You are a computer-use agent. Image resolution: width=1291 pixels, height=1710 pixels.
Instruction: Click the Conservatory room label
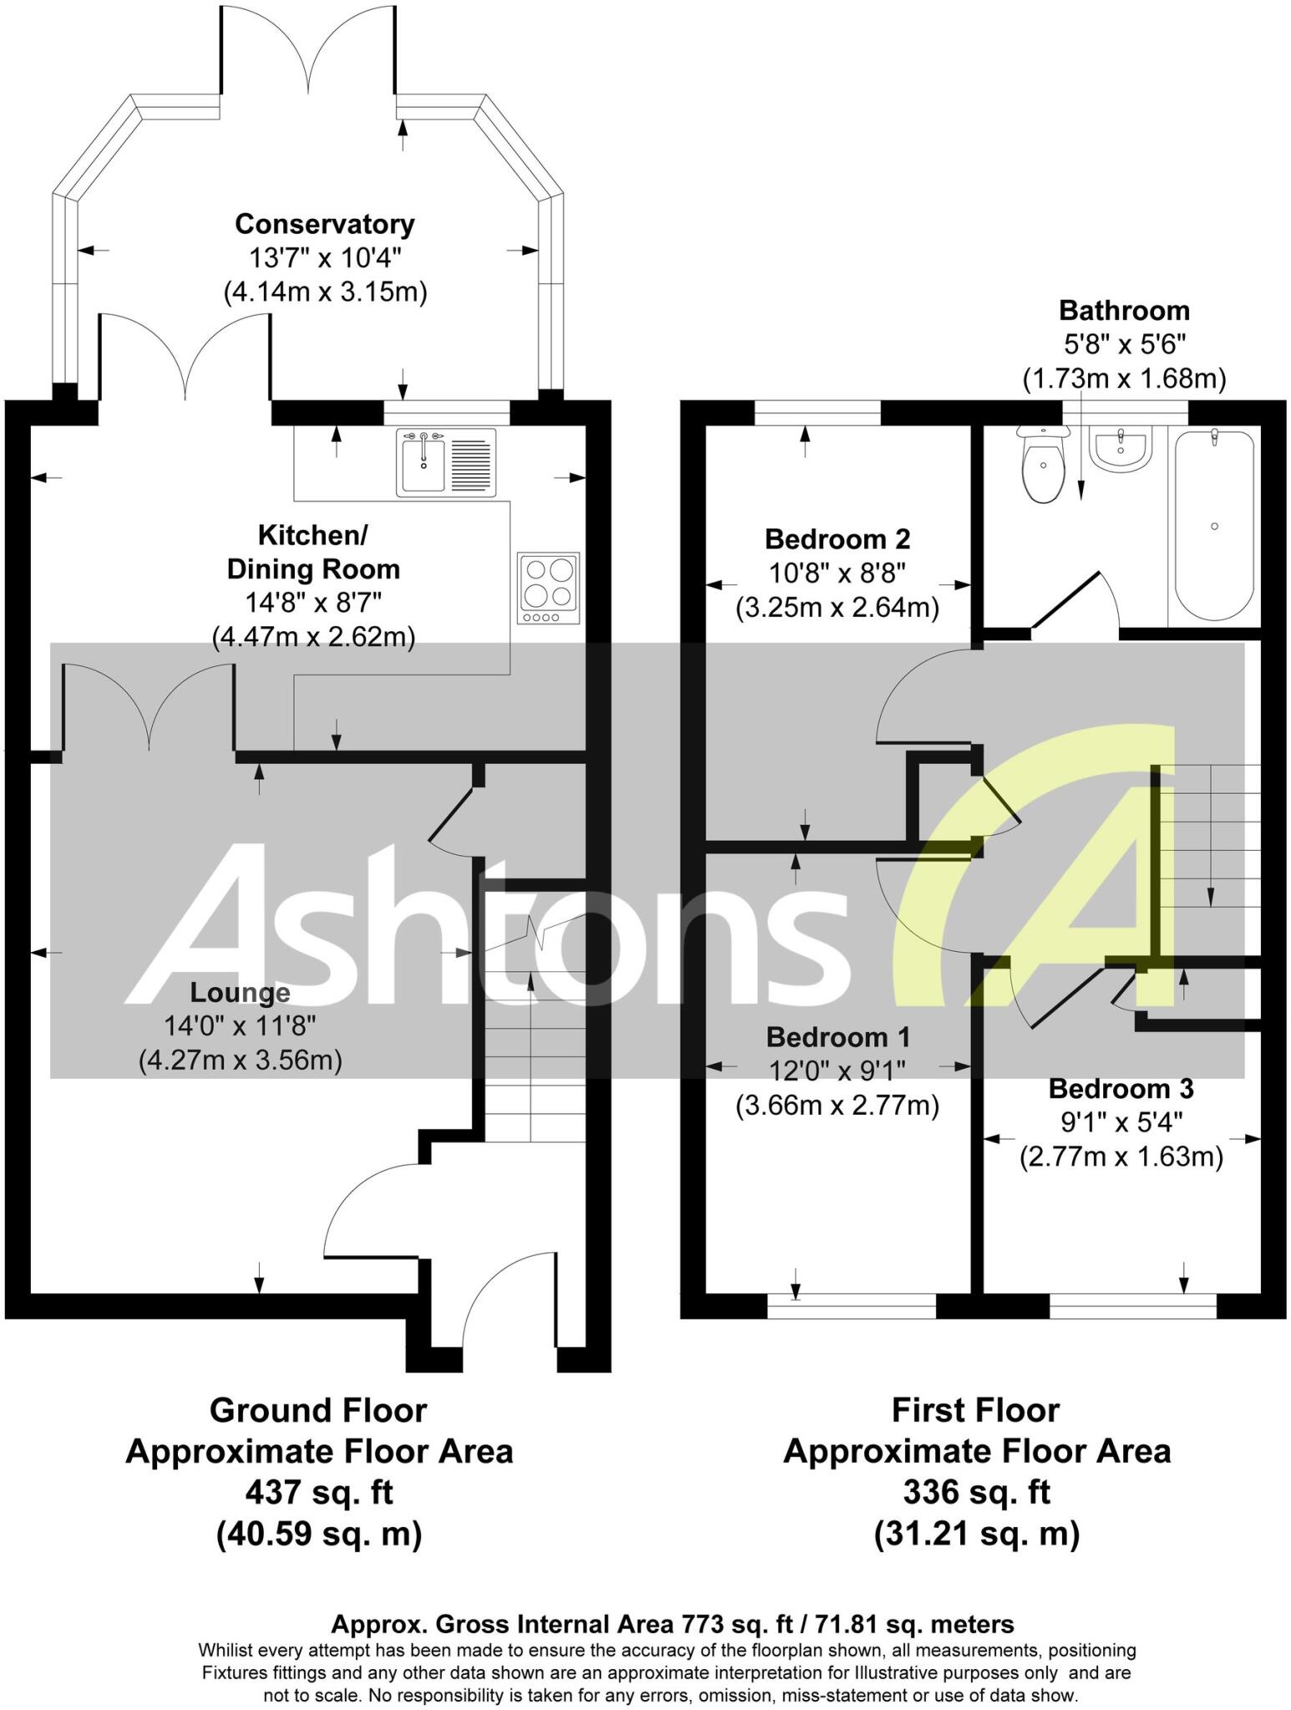pos(324,224)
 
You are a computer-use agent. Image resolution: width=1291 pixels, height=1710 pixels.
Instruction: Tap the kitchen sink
pos(446,463)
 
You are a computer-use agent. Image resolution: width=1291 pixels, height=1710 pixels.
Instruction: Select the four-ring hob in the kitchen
pos(548,588)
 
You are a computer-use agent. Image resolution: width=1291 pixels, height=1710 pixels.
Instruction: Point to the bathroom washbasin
pos(1122,450)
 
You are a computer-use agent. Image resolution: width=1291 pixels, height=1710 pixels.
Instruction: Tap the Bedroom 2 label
pos(837,539)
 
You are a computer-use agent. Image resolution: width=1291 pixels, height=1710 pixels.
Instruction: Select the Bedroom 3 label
pos(1121,1089)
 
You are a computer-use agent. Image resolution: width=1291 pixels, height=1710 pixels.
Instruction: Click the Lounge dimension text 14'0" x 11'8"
pos(240,1026)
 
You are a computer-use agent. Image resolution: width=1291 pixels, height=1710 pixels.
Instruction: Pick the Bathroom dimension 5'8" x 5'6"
pos(1124,344)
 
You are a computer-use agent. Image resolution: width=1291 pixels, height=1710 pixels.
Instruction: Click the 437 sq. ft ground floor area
pos(319,1492)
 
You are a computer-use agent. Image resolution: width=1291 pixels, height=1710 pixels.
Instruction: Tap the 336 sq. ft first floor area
pos(976,1492)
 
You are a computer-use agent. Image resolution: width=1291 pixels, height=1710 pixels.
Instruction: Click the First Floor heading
pos(975,1410)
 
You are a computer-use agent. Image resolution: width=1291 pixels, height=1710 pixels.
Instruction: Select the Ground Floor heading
pos(318,1410)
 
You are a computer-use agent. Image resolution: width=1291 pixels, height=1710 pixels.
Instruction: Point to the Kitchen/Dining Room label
pos(313,552)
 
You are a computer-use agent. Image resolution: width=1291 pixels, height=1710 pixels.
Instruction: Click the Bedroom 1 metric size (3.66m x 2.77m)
pos(837,1105)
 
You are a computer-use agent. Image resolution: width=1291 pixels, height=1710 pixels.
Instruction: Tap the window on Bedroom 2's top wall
pos(818,412)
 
